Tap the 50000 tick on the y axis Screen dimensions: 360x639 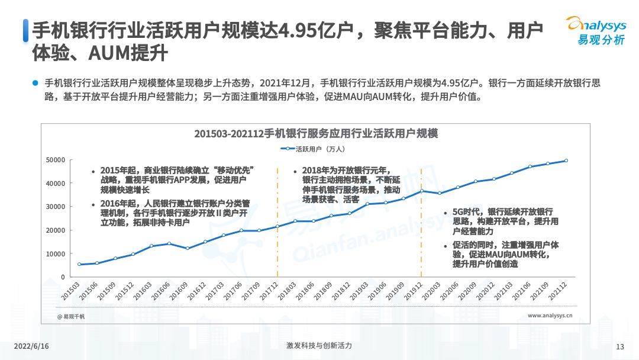pyautogui.click(x=56, y=160)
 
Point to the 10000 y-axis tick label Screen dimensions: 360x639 pyautogui.click(x=56, y=254)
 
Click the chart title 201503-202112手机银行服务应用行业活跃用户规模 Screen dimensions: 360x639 pyautogui.click(x=316, y=133)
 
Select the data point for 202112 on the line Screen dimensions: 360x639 pyautogui.click(x=567, y=160)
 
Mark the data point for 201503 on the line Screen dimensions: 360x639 pyautogui.click(x=79, y=264)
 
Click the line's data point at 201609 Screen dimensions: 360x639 pyautogui.click(x=187, y=248)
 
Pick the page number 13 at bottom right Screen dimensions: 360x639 pyautogui.click(x=620, y=347)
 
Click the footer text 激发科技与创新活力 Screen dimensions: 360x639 pyautogui.click(x=319, y=346)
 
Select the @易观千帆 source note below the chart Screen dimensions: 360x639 pyautogui.click(x=71, y=317)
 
